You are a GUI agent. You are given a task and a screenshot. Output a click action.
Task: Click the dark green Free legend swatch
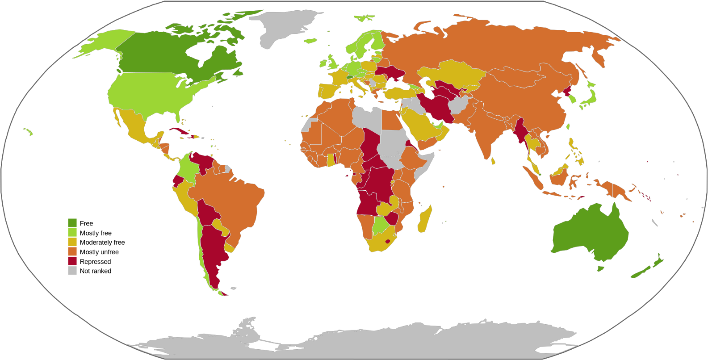coord(72,223)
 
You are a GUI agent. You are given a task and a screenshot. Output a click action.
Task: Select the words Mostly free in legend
coord(96,233)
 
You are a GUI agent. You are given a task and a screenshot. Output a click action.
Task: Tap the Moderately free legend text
coord(102,243)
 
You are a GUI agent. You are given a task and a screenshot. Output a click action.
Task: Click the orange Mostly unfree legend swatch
coord(72,252)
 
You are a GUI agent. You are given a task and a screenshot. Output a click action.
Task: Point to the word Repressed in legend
coord(95,262)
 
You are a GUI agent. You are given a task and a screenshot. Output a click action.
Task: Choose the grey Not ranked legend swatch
coord(72,271)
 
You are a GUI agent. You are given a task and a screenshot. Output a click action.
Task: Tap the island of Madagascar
coord(424,219)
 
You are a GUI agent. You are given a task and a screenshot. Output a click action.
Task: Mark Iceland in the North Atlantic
coord(310,41)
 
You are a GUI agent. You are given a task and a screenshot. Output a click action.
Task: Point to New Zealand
coord(643,270)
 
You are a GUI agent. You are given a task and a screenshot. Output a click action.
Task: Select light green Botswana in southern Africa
coord(381,225)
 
